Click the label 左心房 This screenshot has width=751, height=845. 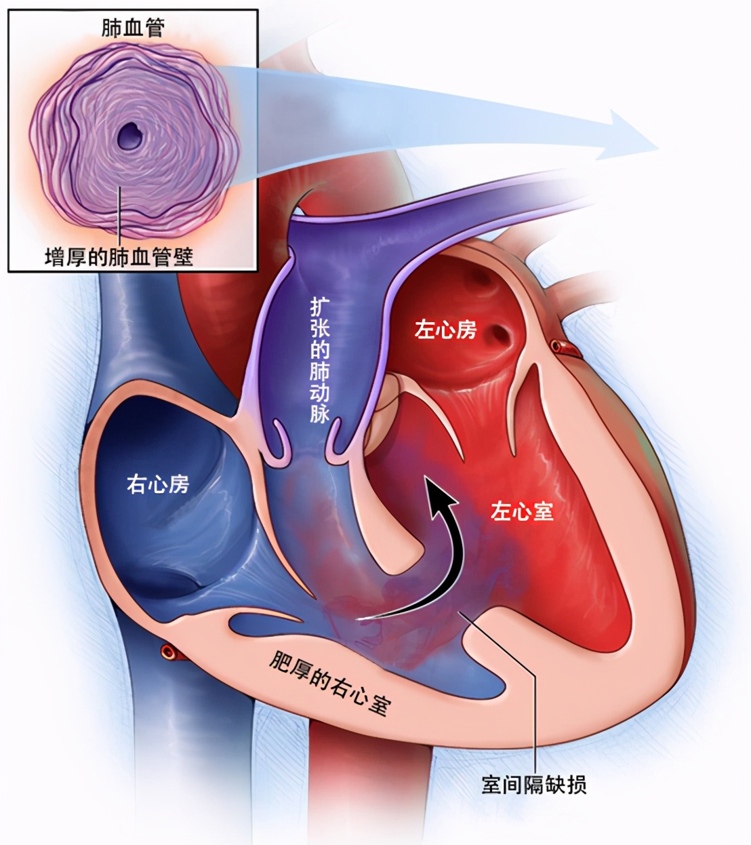click(445, 330)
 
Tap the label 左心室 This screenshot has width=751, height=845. click(521, 511)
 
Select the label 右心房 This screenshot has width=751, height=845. click(158, 485)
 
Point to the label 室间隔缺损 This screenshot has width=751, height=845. click(533, 785)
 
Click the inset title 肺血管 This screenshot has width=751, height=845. click(133, 28)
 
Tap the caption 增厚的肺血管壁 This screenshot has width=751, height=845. click(119, 256)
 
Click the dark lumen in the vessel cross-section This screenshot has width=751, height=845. click(131, 136)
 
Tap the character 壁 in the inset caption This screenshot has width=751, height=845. click(183, 256)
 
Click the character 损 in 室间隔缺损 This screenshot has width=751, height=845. click(576, 785)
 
